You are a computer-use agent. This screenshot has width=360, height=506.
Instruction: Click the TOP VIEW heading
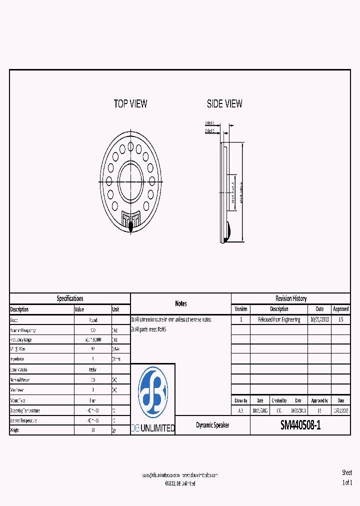(130, 104)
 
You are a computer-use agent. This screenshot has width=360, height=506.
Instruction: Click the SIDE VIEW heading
(224, 104)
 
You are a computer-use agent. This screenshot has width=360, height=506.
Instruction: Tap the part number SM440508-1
(300, 425)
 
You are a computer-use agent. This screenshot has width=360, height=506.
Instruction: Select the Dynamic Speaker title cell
(212, 425)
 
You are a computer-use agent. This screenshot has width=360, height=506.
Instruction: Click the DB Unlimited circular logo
(152, 392)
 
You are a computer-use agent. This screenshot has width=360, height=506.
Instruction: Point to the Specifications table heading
(70, 298)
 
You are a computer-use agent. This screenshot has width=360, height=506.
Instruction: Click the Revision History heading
(291, 298)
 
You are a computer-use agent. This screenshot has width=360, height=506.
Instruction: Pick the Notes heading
(180, 303)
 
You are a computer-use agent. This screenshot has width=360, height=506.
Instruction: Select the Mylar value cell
(93, 370)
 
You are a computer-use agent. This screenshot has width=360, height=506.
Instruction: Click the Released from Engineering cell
(279, 319)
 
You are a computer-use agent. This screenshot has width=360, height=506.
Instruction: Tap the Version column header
(241, 309)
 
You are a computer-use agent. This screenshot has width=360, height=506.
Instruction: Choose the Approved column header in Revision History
(340, 309)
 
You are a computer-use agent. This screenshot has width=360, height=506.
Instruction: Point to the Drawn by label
(241, 401)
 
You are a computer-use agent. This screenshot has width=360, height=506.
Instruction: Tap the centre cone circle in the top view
(131, 179)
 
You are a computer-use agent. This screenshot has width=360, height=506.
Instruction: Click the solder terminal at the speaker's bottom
(131, 226)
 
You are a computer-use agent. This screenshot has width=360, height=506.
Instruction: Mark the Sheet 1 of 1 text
(346, 477)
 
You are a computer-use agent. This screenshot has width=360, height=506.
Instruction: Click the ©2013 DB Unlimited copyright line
(180, 483)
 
